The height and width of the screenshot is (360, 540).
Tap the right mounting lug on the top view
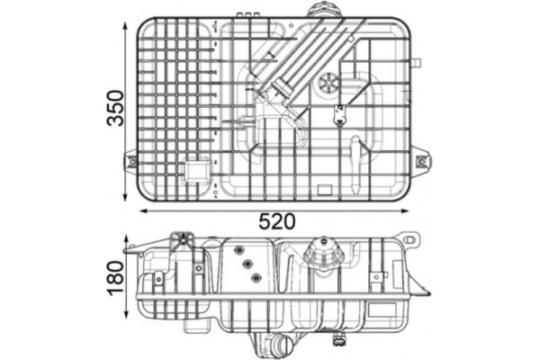pos(421,162)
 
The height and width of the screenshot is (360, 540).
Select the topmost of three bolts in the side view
pos(238,250)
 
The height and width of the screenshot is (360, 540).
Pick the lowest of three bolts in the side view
pos(256,277)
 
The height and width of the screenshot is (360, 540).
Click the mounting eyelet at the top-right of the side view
pos(411,240)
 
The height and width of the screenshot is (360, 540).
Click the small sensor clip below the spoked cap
pos(339,114)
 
